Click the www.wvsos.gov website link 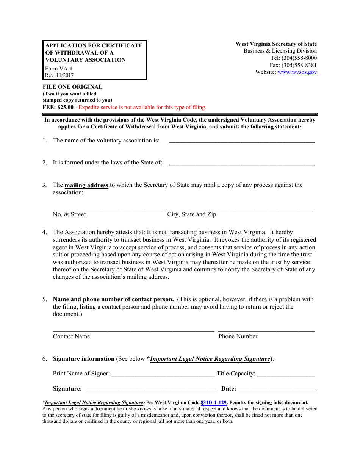(x=297, y=72)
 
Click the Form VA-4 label (x=59, y=69)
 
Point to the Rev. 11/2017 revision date (x=59, y=75)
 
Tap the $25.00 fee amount (x=65, y=107)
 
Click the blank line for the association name (x=242, y=142)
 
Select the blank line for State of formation (x=242, y=164)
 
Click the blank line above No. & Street (x=108, y=208)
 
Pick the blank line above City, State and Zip (x=240, y=208)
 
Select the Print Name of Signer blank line (x=163, y=375)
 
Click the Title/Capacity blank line (x=286, y=375)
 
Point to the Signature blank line (x=152, y=390)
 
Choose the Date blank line (x=278, y=390)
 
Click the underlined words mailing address (x=86, y=185)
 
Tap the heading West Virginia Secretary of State (x=276, y=44)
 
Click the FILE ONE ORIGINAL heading (x=72, y=87)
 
